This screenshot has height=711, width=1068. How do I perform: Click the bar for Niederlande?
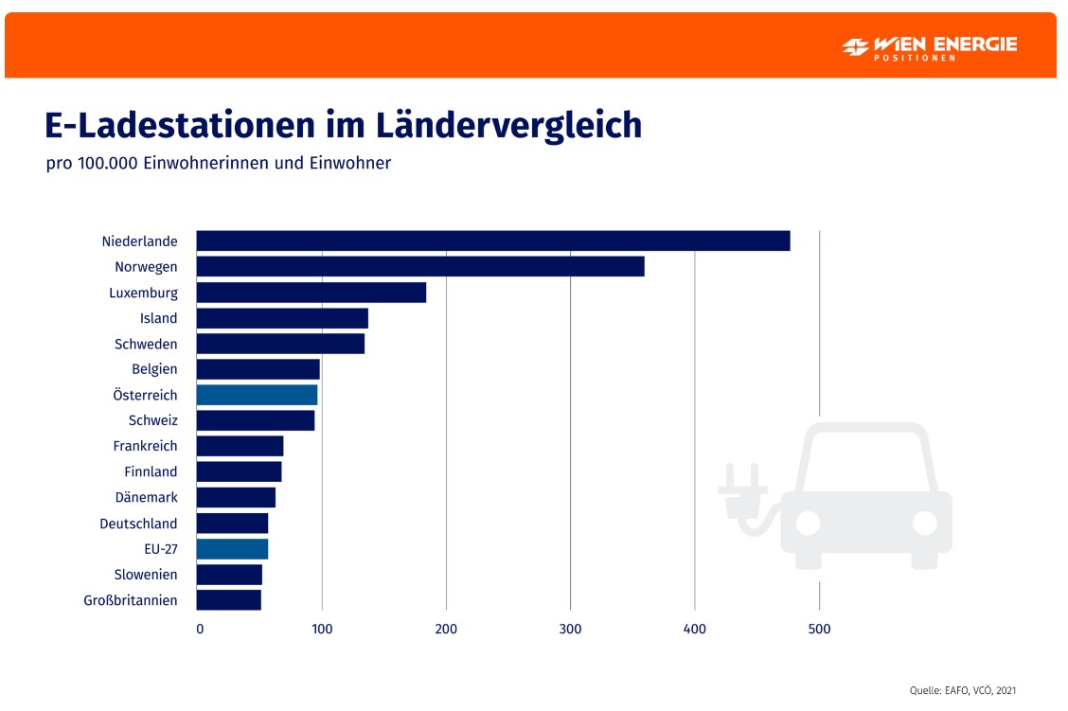click(x=492, y=241)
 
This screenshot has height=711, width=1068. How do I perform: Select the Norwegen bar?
click(x=420, y=267)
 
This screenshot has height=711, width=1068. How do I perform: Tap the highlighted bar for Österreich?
click(x=257, y=395)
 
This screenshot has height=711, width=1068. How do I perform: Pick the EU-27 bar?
click(x=232, y=549)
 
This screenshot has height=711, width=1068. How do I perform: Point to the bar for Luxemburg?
click(x=311, y=293)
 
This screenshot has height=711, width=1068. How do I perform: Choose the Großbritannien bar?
click(x=228, y=600)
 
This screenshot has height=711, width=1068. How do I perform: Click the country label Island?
click(x=159, y=319)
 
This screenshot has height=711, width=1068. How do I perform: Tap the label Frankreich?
click(x=145, y=446)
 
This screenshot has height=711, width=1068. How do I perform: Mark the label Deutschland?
click(x=138, y=524)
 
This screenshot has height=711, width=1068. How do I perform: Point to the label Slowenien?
click(x=146, y=575)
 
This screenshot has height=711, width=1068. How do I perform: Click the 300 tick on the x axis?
click(x=570, y=629)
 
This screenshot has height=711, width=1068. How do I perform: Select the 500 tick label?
click(x=819, y=629)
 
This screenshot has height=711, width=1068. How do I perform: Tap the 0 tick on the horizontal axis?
click(x=200, y=629)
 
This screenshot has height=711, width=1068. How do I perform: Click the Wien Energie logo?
click(x=929, y=46)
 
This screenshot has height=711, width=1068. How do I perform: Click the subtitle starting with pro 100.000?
click(x=218, y=163)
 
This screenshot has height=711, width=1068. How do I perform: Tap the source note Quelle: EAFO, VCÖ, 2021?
click(x=962, y=690)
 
